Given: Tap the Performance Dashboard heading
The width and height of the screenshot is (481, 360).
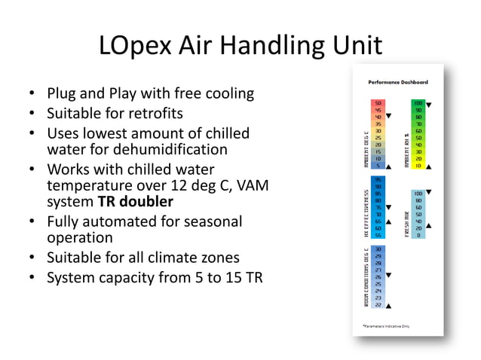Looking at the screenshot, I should (398, 81).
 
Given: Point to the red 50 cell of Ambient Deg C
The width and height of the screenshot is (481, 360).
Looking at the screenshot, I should (378, 103).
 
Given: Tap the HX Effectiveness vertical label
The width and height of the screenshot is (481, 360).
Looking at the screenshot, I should (366, 209).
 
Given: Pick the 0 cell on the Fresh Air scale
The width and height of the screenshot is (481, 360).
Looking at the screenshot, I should (417, 235).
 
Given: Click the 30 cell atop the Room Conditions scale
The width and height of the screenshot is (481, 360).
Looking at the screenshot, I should (378, 249).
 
